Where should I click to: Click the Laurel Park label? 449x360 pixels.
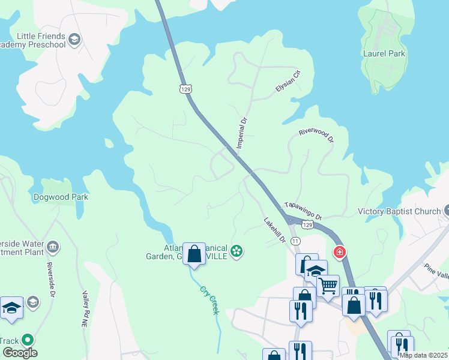[384, 53]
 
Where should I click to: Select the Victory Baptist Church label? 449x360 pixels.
[399, 211]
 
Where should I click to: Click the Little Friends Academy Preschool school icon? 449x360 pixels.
[74, 40]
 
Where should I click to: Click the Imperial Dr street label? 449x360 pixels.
[242, 133]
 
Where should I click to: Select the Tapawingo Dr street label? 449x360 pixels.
[303, 210]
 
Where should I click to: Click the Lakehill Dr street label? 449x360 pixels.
[274, 230]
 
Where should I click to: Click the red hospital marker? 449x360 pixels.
[339, 252]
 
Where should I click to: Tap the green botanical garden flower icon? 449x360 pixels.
[237, 251]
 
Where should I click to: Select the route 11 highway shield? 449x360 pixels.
[295, 241]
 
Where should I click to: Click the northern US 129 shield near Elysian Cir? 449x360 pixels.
[185, 89]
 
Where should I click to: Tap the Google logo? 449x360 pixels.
[19, 353]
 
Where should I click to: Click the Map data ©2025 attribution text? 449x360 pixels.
[423, 355]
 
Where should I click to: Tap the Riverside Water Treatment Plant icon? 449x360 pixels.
[52, 247]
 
